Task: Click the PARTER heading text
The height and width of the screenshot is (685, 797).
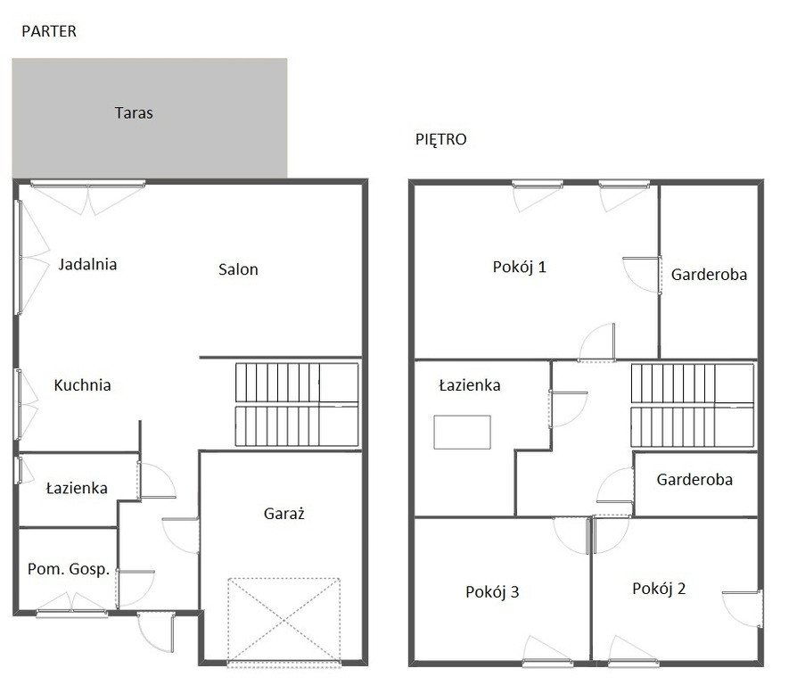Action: [x=49, y=31]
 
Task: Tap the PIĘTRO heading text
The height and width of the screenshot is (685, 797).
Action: [x=440, y=139]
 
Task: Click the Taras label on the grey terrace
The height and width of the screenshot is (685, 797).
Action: [x=134, y=112]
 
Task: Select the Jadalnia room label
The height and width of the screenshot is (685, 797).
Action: [x=87, y=264]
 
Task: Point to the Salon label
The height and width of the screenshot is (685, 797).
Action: [x=238, y=269]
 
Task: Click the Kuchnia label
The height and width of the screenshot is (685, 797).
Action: [x=82, y=385]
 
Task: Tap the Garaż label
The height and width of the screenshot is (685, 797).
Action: [x=284, y=514]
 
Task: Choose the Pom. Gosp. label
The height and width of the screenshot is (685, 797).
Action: [x=69, y=569]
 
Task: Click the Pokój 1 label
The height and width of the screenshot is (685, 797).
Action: [x=520, y=267]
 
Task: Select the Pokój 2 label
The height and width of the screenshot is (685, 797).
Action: [x=659, y=589]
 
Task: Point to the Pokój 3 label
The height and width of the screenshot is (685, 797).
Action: [x=492, y=592]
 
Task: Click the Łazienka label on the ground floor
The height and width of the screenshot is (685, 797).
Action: [x=77, y=488]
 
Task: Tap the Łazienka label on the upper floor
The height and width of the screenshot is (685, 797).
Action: [x=470, y=385]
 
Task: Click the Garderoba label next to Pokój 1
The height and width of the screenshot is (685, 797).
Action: [x=709, y=275]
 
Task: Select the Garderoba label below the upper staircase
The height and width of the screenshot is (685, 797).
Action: [x=694, y=480]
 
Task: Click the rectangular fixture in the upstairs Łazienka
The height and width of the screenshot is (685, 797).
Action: [x=462, y=433]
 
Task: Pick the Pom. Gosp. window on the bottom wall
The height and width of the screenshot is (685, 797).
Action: [x=71, y=612]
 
